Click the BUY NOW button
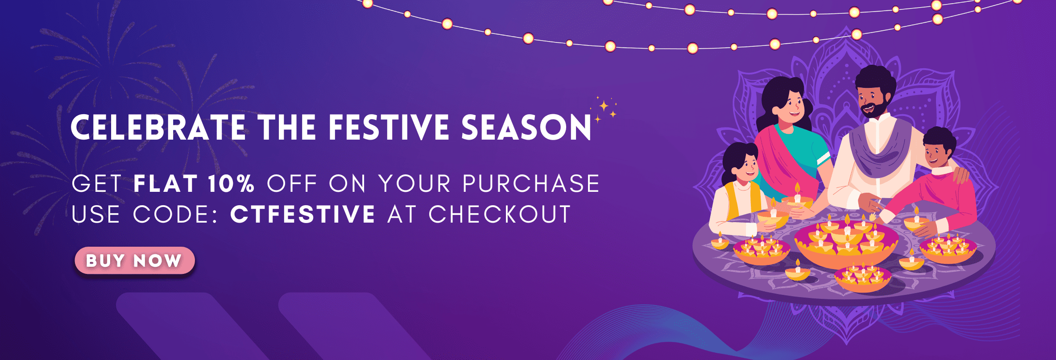[135, 261]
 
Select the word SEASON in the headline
[526, 128]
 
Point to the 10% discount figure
[231, 183]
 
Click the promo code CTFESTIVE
[302, 214]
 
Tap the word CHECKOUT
[500, 214]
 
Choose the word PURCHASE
[531, 183]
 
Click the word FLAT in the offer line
[166, 183]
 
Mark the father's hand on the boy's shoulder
[961, 174]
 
